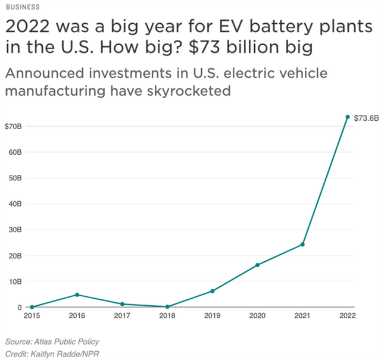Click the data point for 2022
tap(348, 117)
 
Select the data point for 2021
tap(302, 245)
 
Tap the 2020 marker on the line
tap(257, 265)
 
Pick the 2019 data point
tap(212, 291)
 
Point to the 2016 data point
tap(77, 295)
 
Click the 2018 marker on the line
tap(167, 306)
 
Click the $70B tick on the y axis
tap(14, 126)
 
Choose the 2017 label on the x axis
tap(122, 316)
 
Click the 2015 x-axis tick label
tap(32, 316)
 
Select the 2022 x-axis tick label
tap(348, 316)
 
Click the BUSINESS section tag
tap(23, 7)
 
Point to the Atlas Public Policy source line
tap(52, 342)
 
